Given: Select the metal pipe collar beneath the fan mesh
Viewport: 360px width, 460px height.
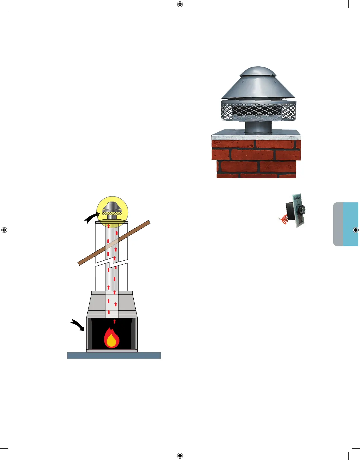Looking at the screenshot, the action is coord(258,128).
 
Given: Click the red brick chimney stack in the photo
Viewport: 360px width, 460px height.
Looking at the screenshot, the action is coord(256,159).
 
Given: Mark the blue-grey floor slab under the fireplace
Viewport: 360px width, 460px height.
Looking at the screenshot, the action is coord(114,355).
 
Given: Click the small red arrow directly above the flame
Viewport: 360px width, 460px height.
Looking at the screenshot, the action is coord(114,321).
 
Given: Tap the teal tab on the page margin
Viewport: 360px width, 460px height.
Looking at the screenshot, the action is coord(351,224).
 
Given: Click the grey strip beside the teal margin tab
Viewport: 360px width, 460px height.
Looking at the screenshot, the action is coord(338,224).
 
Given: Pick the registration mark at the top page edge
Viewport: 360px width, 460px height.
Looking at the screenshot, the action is coord(180,4).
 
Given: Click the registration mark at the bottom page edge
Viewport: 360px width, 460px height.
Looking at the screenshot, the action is coord(180,456).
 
